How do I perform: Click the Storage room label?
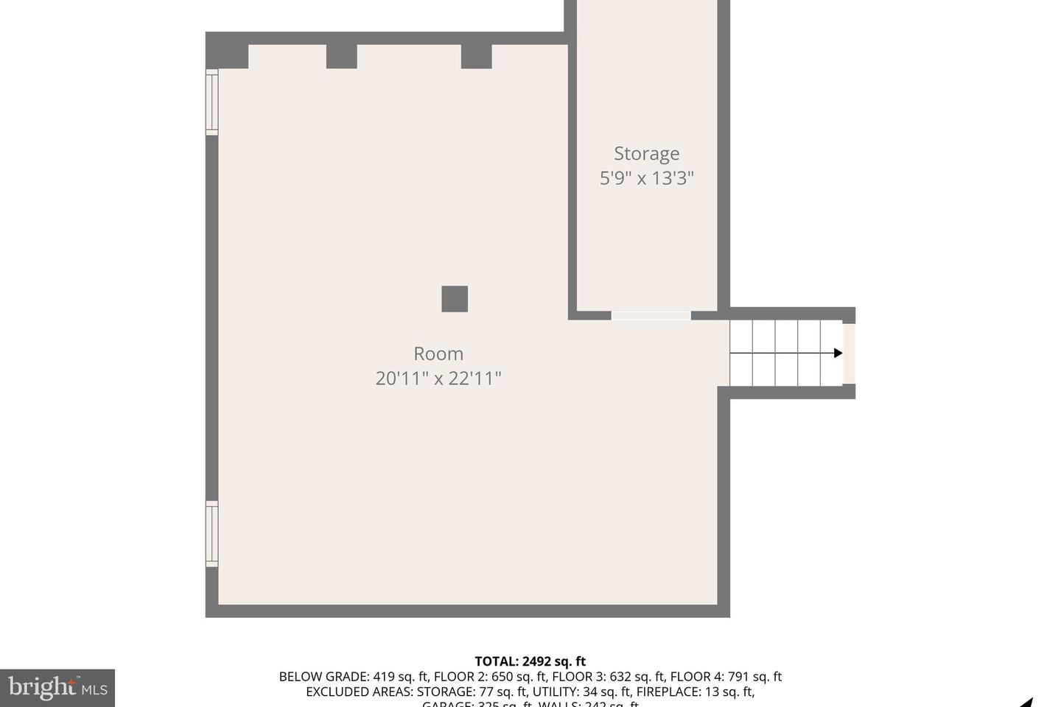(646, 153)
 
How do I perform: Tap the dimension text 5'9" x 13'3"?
(646, 178)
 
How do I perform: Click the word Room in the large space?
(438, 353)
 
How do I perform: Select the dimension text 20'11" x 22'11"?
(438, 379)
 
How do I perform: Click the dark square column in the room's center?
(455, 299)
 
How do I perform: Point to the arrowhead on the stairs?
(838, 353)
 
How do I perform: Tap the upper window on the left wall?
(212, 102)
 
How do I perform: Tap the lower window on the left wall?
(212, 534)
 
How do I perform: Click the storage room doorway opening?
(651, 315)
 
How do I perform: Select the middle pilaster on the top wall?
(341, 56)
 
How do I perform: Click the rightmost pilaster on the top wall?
(476, 56)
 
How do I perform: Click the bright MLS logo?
(57, 688)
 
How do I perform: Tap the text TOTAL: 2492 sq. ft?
(530, 661)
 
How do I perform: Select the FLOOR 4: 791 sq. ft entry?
(726, 677)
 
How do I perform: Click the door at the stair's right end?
(849, 353)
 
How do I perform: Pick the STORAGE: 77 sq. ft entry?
(472, 692)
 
